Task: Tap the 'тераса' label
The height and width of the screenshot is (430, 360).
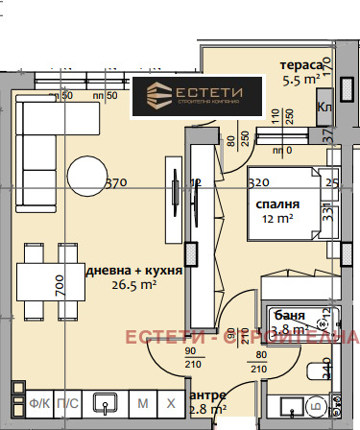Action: coord(300,65)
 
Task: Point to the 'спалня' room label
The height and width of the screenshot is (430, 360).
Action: coord(277,204)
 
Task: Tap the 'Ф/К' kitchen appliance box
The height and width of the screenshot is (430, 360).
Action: coord(39,402)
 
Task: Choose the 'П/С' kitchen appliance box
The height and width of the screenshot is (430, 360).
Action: coord(68,402)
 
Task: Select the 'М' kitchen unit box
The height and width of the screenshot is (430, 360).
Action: coord(142,402)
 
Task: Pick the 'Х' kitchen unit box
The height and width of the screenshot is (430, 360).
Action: coord(171,402)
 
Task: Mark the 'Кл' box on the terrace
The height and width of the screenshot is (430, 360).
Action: coord(324,107)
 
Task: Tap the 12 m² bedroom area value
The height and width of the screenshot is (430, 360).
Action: coord(276,219)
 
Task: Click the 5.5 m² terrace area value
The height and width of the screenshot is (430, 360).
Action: coord(299,81)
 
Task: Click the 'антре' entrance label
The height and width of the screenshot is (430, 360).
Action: coord(208,395)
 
